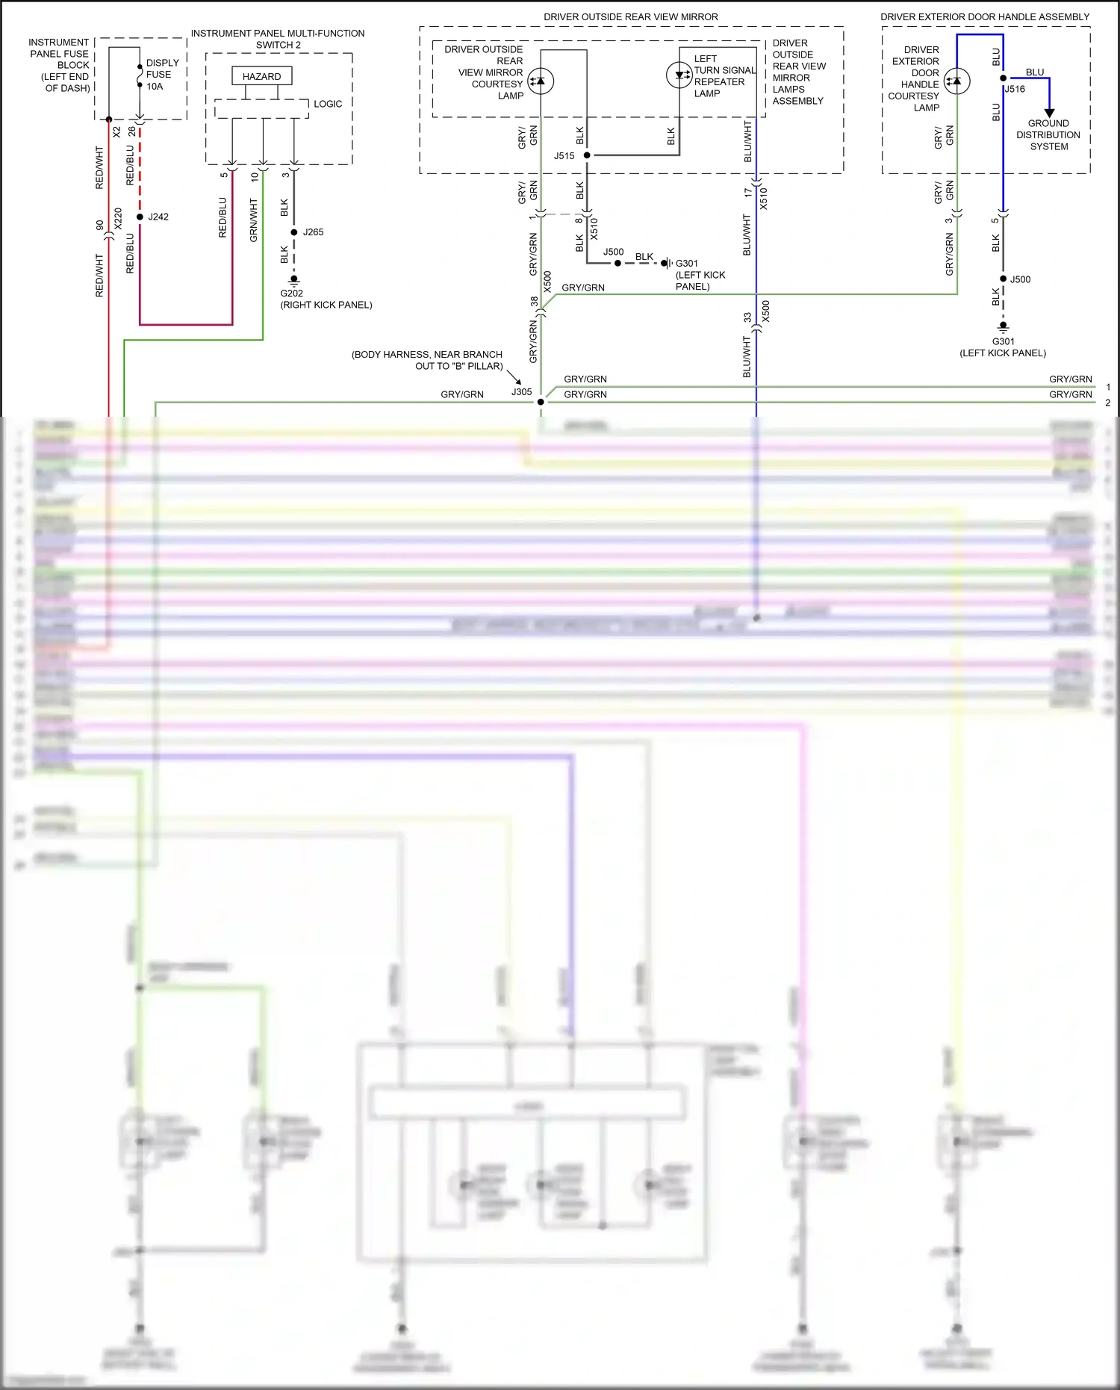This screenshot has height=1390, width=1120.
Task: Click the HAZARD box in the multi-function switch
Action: [261, 76]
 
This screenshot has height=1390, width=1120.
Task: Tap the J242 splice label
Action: [158, 217]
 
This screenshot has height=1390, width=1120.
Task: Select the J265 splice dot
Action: [294, 232]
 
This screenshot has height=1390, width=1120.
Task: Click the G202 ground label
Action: [292, 294]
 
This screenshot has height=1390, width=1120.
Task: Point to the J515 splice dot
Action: [587, 155]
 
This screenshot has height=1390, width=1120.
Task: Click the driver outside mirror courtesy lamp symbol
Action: [541, 81]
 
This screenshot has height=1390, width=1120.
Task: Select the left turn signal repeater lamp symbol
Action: [679, 75]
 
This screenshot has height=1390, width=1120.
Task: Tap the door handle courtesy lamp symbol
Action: [956, 81]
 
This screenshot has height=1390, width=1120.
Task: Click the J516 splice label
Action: [1015, 89]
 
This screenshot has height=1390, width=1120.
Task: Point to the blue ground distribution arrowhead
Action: [1049, 113]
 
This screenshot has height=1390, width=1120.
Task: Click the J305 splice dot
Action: [541, 402]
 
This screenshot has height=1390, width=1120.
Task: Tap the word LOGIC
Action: [328, 104]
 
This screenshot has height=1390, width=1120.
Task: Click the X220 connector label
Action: [118, 218]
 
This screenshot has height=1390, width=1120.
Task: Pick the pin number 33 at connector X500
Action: [747, 317]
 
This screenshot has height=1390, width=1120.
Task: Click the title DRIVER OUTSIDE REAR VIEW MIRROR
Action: [630, 16]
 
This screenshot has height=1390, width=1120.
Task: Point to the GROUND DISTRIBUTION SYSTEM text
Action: [1048, 135]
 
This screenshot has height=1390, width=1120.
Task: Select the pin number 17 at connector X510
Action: [747, 192]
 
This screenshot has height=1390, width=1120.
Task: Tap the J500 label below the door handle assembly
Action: [1020, 279]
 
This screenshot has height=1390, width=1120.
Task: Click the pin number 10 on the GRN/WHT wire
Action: [254, 177]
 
